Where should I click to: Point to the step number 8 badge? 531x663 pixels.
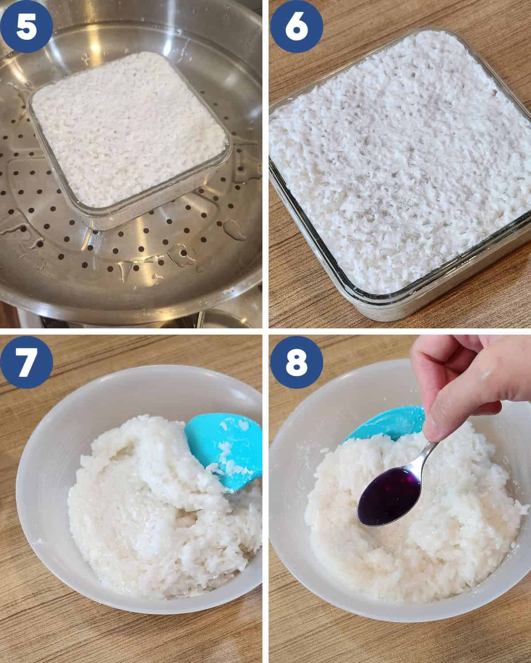(x=296, y=362)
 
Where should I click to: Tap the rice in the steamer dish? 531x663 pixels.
(x=130, y=126)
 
